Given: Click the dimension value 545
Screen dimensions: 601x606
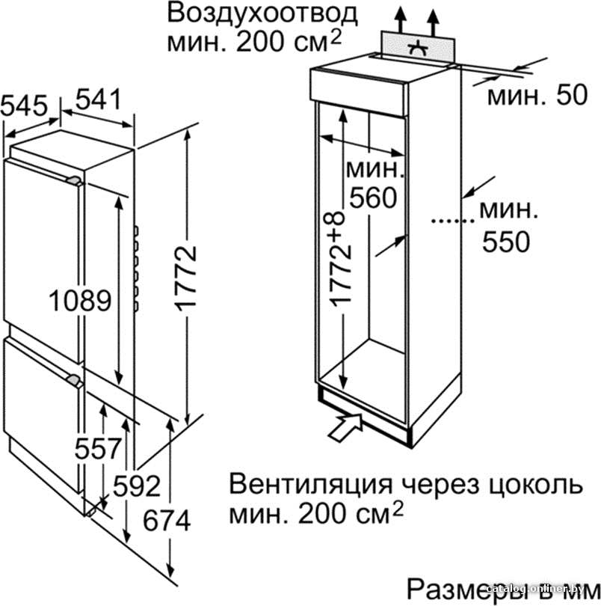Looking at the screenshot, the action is [x=25, y=105].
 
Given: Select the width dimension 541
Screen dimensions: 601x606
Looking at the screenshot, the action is [x=99, y=99].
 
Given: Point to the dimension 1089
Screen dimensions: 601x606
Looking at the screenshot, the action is [x=80, y=301].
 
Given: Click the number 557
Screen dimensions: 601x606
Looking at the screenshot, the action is [x=98, y=448].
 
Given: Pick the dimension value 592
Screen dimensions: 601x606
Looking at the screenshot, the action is [x=137, y=486].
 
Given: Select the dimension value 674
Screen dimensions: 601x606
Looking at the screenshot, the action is [x=167, y=521].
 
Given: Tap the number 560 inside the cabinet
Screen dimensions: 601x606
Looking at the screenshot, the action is [x=373, y=198].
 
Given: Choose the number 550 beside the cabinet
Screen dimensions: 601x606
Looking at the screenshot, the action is [x=506, y=242].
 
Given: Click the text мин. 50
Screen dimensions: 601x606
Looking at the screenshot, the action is [x=537, y=95].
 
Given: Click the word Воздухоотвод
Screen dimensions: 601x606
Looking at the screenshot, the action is [x=262, y=14].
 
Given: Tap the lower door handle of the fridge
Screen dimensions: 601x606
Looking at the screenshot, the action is [x=74, y=381].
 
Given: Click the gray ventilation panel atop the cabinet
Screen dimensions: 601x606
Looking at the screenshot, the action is [x=418, y=47].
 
